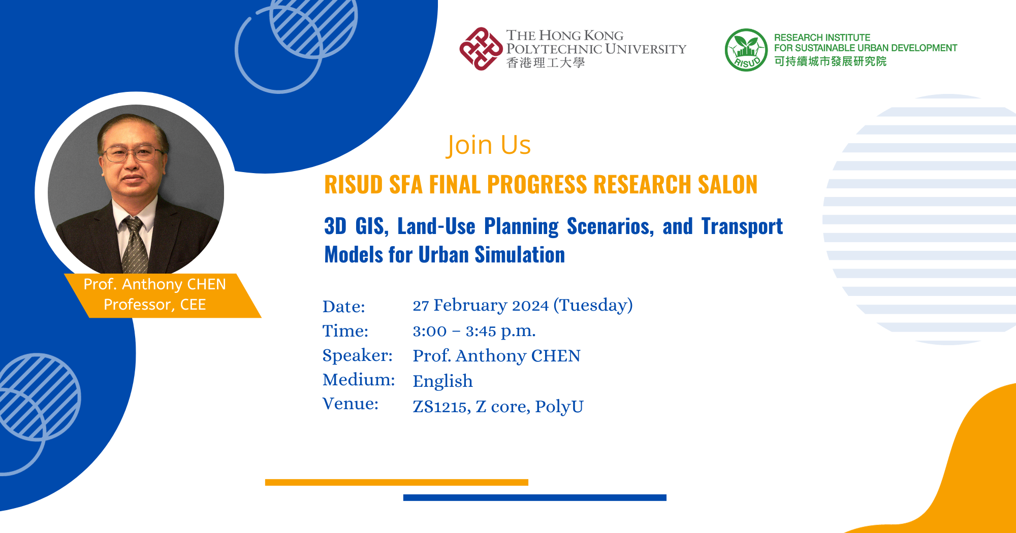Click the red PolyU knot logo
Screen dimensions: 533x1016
[481, 49]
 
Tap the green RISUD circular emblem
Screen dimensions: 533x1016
[746, 50]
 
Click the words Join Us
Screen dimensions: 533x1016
[489, 145]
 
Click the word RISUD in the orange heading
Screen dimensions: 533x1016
[354, 185]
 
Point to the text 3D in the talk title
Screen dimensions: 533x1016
[335, 226]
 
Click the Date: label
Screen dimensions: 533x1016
[344, 307]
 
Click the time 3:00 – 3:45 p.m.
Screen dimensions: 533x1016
[474, 331]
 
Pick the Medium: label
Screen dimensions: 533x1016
[359, 380]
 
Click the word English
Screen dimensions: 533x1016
[442, 381]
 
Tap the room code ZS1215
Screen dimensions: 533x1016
[440, 407]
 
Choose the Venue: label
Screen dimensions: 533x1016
[351, 404]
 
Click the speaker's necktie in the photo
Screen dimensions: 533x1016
[135, 244]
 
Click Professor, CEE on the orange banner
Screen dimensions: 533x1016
[154, 305]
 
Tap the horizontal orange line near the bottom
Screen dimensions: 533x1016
[396, 482]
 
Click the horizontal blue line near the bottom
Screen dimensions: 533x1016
[534, 497]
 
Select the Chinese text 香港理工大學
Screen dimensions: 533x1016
[546, 63]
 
